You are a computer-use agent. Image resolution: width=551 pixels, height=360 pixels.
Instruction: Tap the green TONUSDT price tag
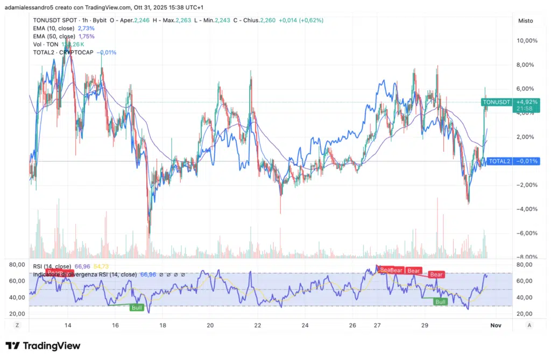(x=496, y=102)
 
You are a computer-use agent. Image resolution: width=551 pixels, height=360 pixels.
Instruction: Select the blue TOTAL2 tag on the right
(x=499, y=161)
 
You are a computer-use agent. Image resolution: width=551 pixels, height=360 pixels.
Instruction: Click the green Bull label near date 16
(x=137, y=307)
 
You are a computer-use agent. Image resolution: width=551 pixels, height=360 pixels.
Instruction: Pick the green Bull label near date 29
(x=441, y=302)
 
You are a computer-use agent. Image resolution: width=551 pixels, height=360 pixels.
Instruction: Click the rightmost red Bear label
(x=436, y=274)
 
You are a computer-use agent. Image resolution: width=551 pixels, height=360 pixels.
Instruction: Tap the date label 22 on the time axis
(x=258, y=326)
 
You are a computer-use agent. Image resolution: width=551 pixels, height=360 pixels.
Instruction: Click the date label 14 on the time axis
(x=68, y=326)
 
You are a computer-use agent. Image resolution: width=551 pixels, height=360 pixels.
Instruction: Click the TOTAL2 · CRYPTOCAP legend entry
(x=63, y=52)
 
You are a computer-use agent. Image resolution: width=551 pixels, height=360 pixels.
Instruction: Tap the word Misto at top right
(x=525, y=20)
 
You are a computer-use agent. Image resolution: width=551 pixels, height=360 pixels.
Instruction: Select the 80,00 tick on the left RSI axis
(x=17, y=265)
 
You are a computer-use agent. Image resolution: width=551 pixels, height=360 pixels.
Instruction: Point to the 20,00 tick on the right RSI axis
(x=525, y=314)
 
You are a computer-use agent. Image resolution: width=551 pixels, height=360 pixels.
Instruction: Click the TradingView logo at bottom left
(x=43, y=345)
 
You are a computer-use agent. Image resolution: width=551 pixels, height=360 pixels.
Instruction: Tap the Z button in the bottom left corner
(x=17, y=325)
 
